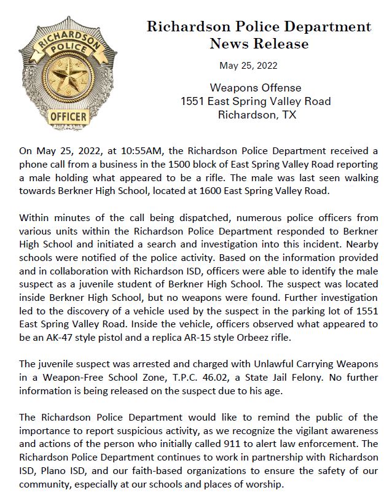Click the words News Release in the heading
(x=259, y=44)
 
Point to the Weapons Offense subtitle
(x=256, y=87)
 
